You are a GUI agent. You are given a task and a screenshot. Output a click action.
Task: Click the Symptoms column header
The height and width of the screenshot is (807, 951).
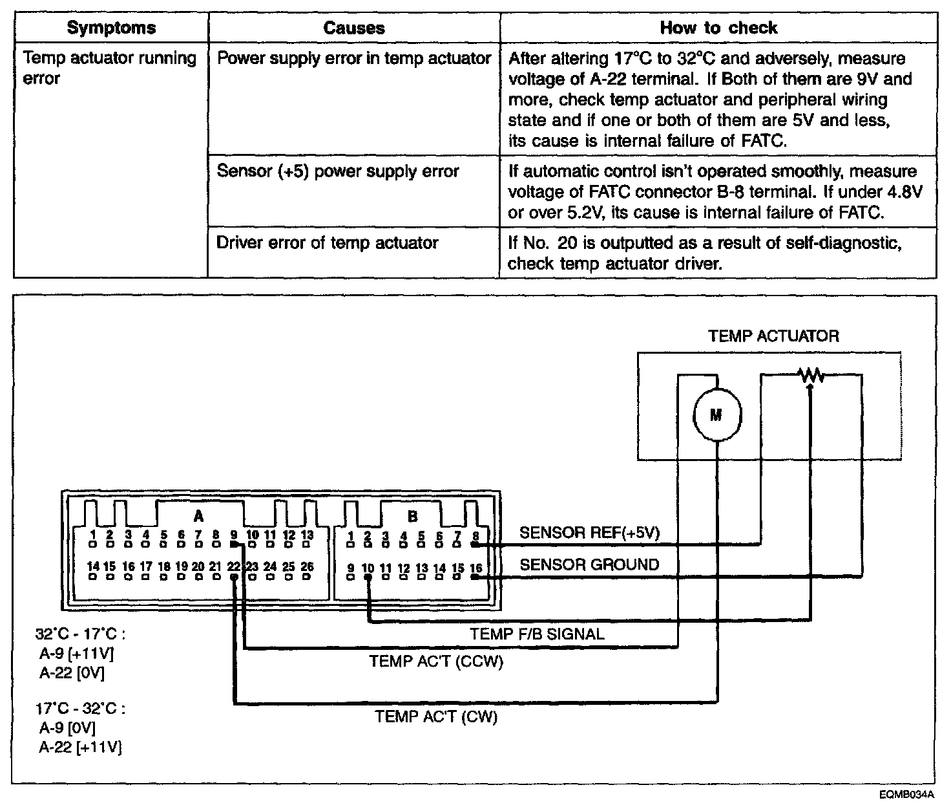click(111, 28)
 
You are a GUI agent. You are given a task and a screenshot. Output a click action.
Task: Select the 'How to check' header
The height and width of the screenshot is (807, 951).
click(718, 28)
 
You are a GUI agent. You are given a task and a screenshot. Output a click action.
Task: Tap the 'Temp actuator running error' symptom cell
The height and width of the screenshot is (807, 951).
click(110, 69)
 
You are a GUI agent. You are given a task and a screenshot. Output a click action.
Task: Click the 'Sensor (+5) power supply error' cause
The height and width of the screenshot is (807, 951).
click(338, 171)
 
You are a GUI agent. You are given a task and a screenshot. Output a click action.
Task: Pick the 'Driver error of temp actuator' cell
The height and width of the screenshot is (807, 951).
click(328, 243)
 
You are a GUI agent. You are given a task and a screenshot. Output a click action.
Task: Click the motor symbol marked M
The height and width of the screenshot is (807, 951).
click(716, 415)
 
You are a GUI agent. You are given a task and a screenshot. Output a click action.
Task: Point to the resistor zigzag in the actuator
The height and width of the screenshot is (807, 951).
click(810, 375)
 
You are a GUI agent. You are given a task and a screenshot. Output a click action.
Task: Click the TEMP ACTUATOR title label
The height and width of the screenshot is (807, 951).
click(773, 336)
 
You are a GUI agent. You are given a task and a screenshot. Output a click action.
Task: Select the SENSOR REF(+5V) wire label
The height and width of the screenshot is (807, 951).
click(589, 533)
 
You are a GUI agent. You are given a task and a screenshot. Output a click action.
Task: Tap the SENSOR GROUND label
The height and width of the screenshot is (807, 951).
click(589, 565)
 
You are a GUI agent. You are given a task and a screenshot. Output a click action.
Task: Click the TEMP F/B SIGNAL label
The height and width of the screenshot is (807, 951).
click(537, 634)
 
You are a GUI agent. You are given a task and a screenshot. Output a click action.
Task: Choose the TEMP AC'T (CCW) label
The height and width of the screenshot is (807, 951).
click(436, 662)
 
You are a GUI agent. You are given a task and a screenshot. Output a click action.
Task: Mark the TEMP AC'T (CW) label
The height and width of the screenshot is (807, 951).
click(437, 716)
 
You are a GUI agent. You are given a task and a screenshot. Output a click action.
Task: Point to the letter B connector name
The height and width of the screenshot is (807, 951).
click(412, 516)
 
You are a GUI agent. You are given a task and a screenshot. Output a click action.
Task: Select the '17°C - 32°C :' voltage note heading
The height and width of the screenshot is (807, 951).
click(81, 708)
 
